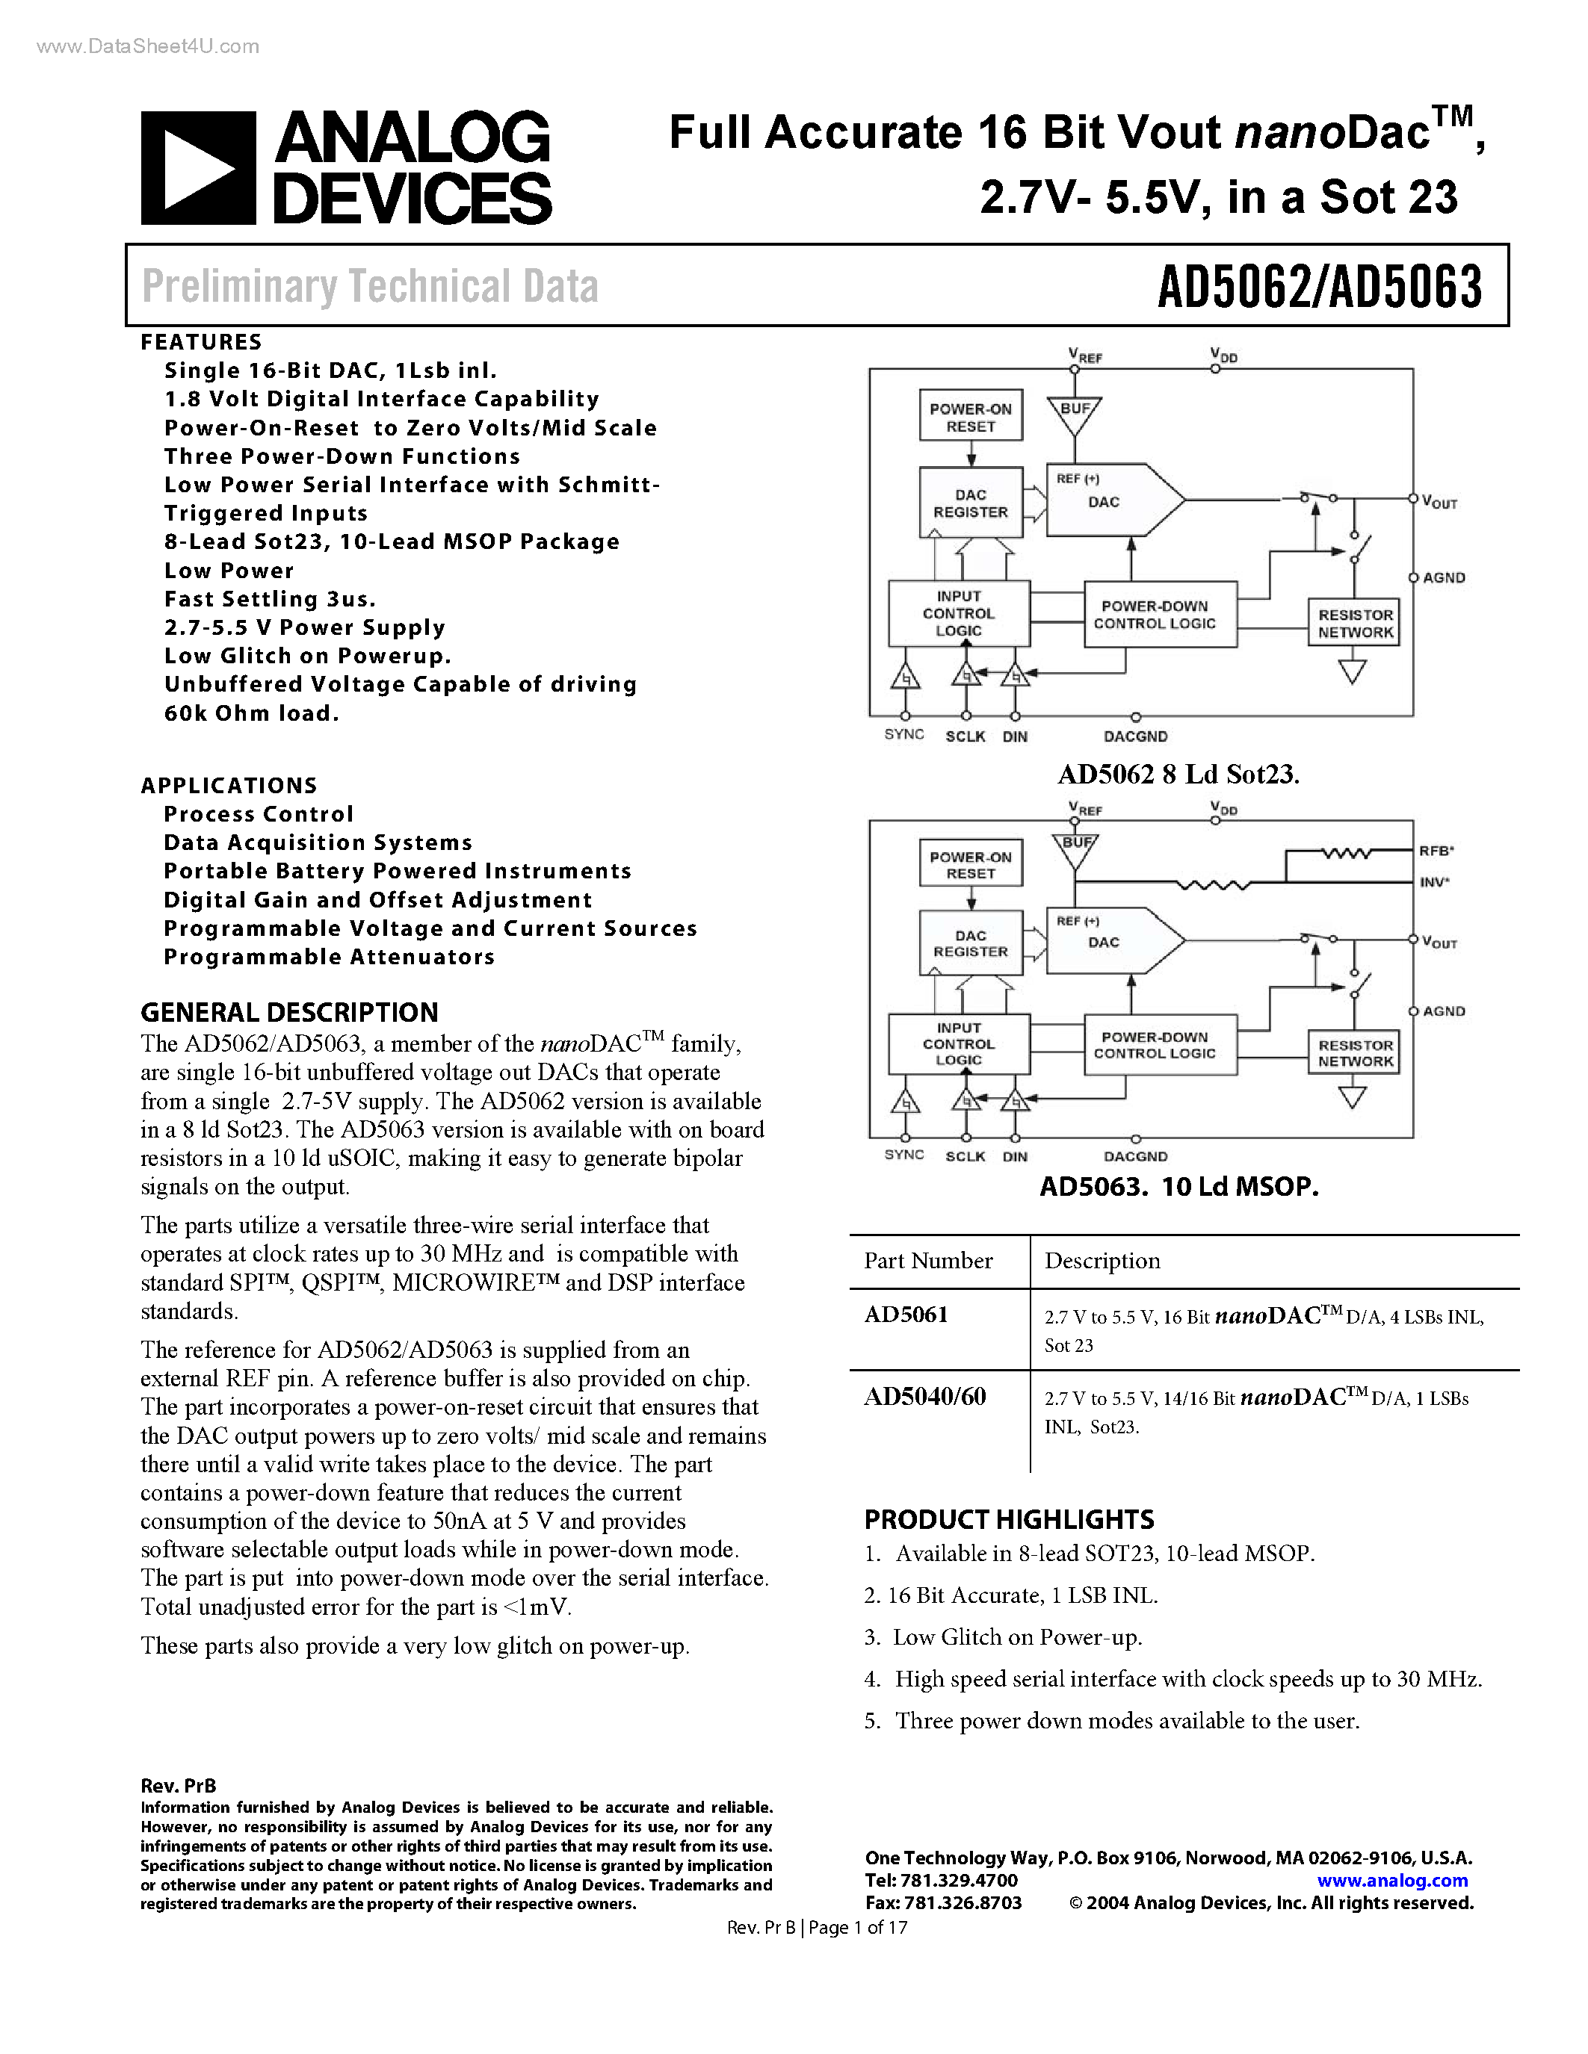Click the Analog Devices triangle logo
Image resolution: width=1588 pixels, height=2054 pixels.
197,168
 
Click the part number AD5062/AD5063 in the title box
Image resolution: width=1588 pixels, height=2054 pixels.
1319,287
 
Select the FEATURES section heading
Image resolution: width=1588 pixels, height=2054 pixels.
201,342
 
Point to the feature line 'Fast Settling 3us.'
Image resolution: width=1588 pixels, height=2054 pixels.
270,599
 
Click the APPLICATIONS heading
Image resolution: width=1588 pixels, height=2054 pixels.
229,785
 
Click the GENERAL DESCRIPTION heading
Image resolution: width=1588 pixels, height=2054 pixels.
288,1012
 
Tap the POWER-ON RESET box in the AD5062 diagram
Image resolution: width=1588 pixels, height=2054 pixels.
970,418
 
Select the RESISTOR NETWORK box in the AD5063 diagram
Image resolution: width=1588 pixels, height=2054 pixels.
1355,1053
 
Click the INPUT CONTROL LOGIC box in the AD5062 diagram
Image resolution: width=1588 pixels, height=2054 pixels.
959,613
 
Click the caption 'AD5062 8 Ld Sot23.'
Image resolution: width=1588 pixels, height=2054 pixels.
1178,775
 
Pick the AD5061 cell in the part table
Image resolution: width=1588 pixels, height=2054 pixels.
906,1315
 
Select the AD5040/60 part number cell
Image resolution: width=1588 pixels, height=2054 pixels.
924,1397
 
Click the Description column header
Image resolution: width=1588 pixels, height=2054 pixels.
1102,1262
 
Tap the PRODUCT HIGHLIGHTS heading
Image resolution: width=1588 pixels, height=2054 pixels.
1010,1520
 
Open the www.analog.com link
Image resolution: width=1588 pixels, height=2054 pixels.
1392,1880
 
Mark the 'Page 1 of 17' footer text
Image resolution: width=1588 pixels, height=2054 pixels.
858,1927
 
